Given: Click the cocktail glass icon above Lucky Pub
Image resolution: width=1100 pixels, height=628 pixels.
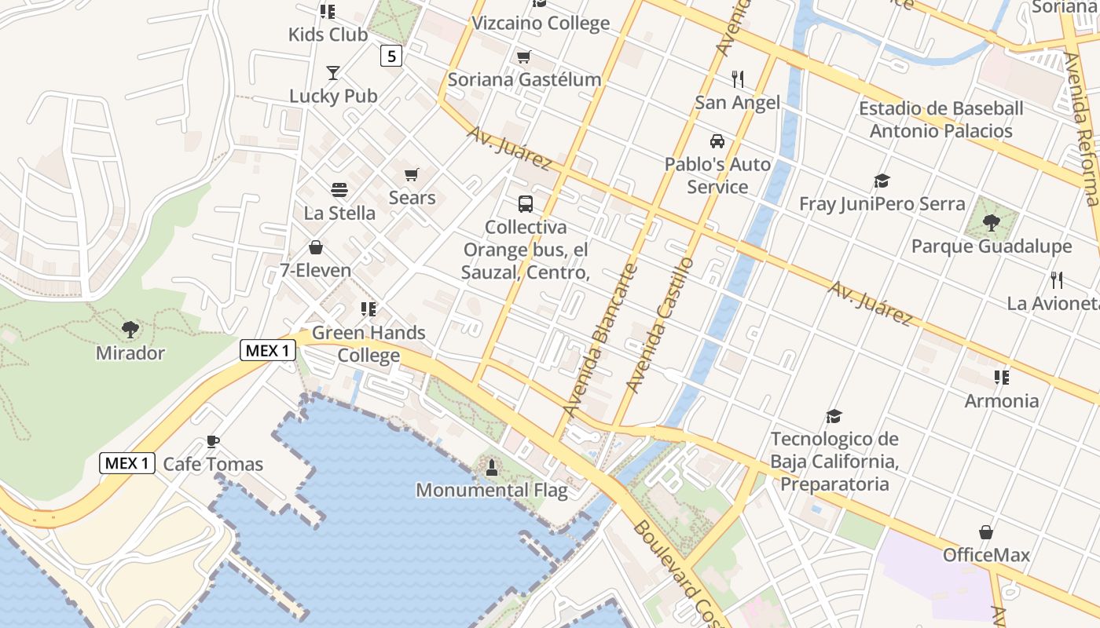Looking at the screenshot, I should (333, 73).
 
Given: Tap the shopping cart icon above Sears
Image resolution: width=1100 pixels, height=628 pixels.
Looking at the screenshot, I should (412, 174).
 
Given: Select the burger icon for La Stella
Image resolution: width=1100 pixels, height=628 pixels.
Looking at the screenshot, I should (339, 190).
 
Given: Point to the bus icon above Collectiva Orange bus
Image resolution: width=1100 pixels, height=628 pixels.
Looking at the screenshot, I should (526, 204).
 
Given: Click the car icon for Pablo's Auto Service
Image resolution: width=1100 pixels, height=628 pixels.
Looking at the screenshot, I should (717, 141).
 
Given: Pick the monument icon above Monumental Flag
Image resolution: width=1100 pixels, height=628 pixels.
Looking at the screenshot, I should (492, 468).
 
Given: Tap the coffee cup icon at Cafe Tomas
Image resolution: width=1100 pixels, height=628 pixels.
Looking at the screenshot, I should (212, 441).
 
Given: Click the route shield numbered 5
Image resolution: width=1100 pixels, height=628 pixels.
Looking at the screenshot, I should (391, 56).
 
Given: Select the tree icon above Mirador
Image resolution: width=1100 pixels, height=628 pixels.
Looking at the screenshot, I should (130, 330).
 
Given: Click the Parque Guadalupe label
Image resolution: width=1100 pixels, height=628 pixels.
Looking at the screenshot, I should (992, 246).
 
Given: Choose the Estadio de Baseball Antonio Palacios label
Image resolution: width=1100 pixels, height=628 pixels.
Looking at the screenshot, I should (940, 119).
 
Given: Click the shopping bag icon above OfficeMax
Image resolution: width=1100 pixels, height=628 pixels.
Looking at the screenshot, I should (986, 532).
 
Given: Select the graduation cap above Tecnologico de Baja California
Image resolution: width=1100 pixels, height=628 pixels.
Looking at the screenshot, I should (834, 416).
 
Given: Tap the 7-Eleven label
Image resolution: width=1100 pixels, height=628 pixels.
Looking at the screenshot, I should (315, 270).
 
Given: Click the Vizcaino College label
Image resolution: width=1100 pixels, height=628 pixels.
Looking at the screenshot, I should (542, 23).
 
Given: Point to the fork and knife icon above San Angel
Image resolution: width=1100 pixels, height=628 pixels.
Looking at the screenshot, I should (737, 79).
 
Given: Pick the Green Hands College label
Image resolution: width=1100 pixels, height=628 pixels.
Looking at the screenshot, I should (368, 344).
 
